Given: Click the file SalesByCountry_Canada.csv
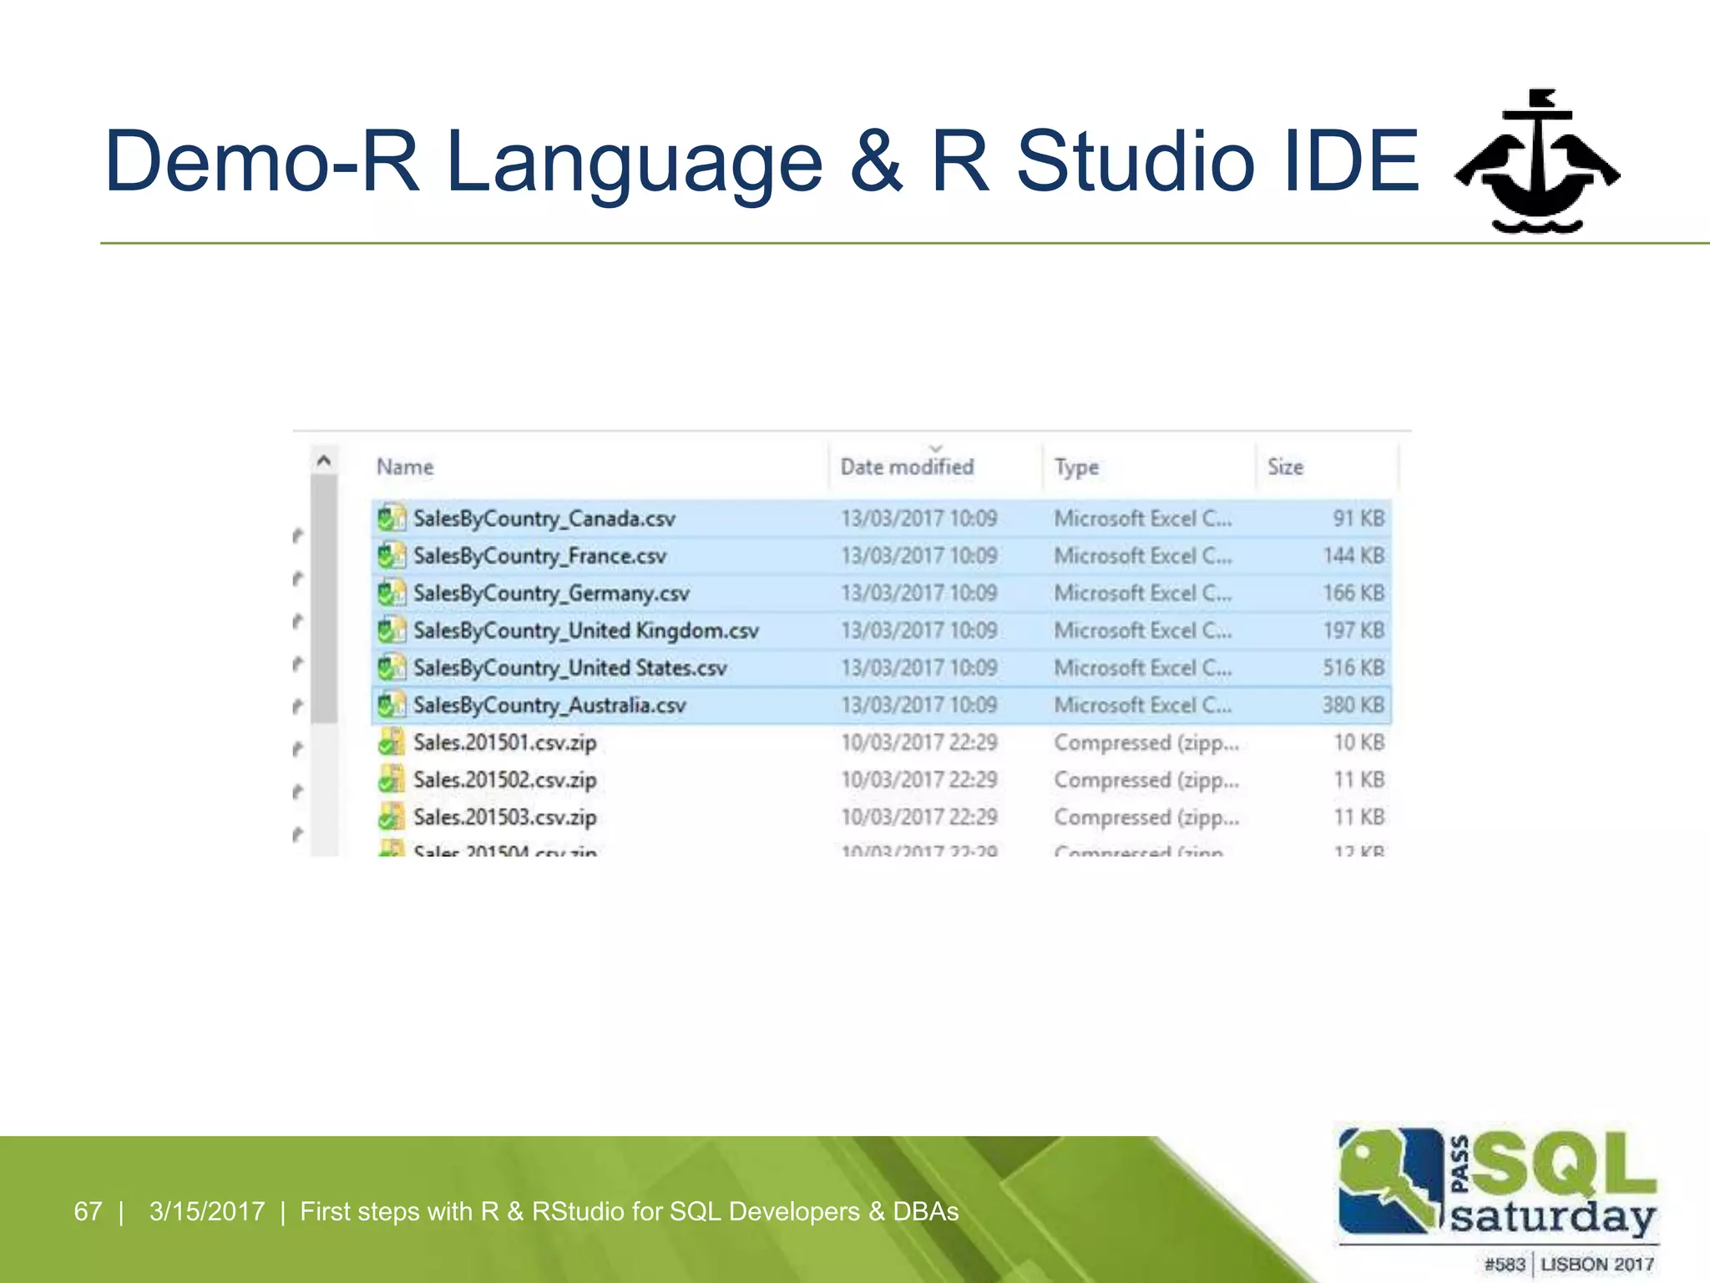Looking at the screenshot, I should point(544,519).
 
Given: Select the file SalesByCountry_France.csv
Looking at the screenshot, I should point(539,556).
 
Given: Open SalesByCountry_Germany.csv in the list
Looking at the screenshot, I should point(551,593).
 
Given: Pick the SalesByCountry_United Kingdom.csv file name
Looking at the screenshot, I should point(585,631).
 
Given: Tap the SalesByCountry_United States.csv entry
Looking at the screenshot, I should point(569,668).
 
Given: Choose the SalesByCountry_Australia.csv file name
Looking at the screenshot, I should point(549,706).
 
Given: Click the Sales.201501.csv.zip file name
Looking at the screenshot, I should point(504,743).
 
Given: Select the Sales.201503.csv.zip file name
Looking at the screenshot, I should point(504,817).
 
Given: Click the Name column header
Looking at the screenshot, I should point(405,467).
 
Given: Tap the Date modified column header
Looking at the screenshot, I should point(907,467).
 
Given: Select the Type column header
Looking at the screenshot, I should point(1076,467).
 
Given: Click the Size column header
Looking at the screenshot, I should point(1285,467).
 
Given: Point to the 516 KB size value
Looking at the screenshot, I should point(1353,668).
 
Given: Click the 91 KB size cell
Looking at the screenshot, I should point(1358,519).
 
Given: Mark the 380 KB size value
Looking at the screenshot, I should point(1353,706).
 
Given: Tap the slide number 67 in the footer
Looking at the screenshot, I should point(88,1211).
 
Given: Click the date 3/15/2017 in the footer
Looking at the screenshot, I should point(207,1211).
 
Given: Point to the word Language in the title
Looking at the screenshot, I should point(635,163).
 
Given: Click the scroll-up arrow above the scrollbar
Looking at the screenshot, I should point(324,460).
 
